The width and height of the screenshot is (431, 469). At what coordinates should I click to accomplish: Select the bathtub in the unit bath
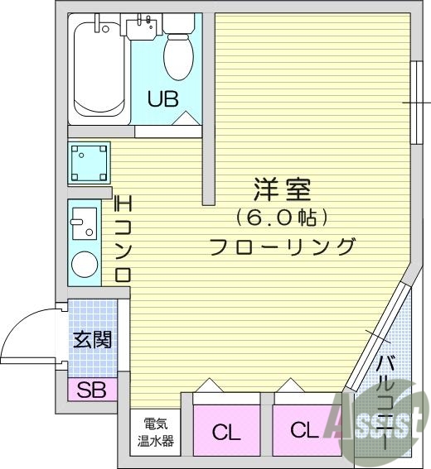(x=99, y=69)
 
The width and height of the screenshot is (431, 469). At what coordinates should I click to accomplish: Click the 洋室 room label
(x=282, y=189)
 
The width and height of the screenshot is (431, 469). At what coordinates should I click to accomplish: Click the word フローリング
(x=282, y=246)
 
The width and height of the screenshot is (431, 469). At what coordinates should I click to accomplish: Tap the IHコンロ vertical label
(x=123, y=239)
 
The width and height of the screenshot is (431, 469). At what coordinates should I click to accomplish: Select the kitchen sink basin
(x=83, y=223)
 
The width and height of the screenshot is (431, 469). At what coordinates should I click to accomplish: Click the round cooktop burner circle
(x=84, y=265)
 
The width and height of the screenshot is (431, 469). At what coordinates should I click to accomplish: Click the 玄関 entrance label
(x=92, y=340)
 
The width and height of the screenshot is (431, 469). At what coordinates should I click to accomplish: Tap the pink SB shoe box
(x=92, y=390)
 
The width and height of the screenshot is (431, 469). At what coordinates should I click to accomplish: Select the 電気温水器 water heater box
(x=156, y=430)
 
